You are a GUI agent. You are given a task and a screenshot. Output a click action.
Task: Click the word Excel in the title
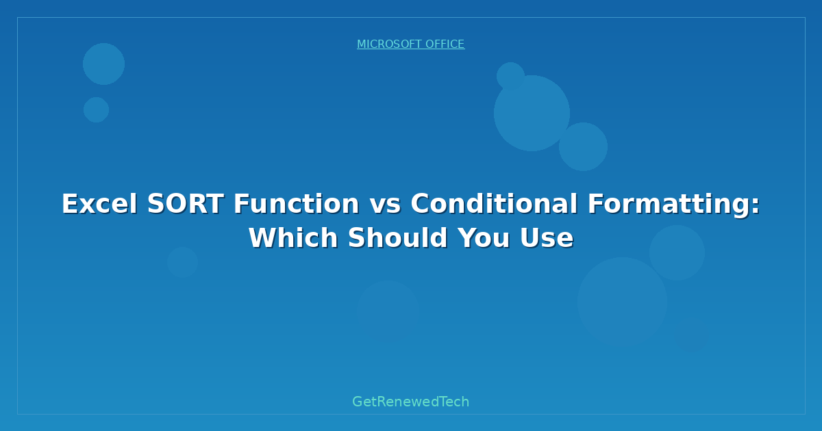pos(99,204)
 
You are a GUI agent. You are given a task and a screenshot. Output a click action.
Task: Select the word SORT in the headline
pos(186,204)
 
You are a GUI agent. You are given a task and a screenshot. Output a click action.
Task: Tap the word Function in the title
pos(297,204)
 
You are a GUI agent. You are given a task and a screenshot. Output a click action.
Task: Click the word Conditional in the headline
pos(494,204)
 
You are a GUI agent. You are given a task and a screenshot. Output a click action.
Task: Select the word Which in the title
pos(293,237)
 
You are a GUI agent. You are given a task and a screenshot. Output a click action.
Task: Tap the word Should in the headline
pos(398,237)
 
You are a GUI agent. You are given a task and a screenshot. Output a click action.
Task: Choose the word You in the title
pos(484,238)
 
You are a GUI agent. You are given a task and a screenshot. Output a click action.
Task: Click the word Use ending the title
pos(547,238)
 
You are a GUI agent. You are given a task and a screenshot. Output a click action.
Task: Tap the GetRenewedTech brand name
pos(410,402)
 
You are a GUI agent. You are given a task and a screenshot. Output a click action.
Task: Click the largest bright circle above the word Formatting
pos(532,113)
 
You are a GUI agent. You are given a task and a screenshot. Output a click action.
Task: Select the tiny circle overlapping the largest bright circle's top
pos(510,76)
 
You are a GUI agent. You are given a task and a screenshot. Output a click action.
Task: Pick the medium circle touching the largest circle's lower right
pos(583,146)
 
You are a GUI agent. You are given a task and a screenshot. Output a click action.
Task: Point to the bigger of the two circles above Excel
pos(103,64)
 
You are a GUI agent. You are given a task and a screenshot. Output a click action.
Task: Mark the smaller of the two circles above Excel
pos(96,109)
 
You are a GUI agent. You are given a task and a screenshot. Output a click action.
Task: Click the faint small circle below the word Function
pos(182,263)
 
